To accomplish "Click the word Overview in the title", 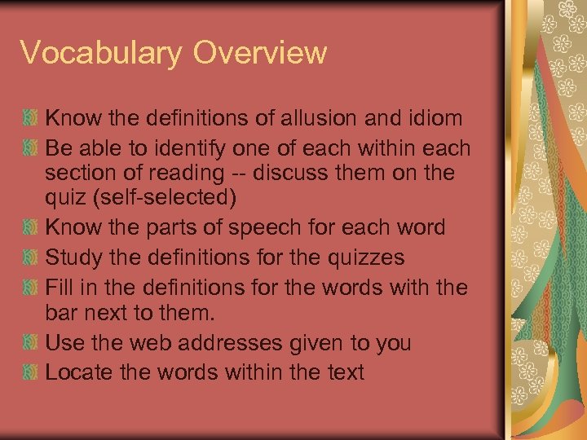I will pos(261,53).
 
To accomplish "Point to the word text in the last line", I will pos(343,372).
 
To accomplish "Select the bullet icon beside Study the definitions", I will pos(30,258).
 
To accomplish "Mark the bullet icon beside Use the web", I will pos(30,342).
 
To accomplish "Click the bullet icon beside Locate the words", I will pos(30,372).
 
